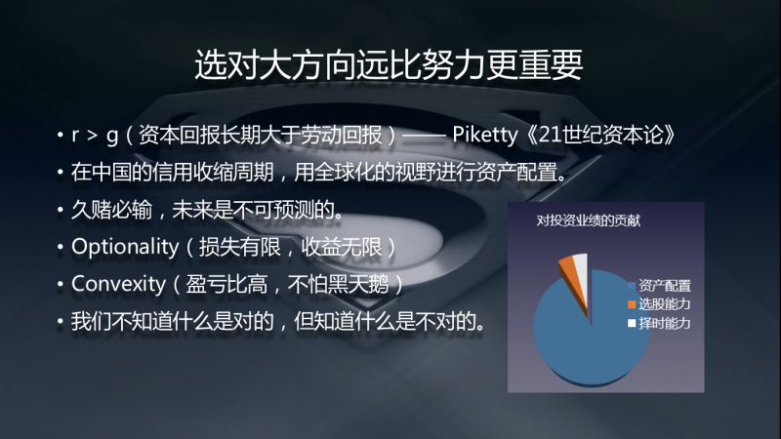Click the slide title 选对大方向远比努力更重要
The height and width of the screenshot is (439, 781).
[x=389, y=64]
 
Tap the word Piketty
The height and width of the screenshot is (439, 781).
[x=484, y=135]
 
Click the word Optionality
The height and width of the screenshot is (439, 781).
[x=125, y=247]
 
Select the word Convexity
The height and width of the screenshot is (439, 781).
[x=118, y=284]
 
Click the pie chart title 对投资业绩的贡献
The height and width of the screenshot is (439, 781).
[x=589, y=220]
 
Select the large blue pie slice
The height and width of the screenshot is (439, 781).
[x=592, y=328]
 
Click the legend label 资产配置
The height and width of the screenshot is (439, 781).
[x=665, y=286]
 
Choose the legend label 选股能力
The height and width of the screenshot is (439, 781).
[x=665, y=304]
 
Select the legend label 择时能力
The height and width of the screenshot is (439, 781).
[x=665, y=324]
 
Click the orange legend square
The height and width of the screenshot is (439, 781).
[x=632, y=304]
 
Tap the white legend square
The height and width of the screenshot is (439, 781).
[x=632, y=324]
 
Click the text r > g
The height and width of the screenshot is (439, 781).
[x=95, y=136]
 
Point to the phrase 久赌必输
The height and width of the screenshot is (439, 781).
[x=112, y=210]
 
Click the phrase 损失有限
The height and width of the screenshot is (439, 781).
[x=239, y=247]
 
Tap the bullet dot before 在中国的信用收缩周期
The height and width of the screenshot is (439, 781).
[x=60, y=173]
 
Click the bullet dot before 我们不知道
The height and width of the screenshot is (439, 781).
[x=60, y=322]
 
